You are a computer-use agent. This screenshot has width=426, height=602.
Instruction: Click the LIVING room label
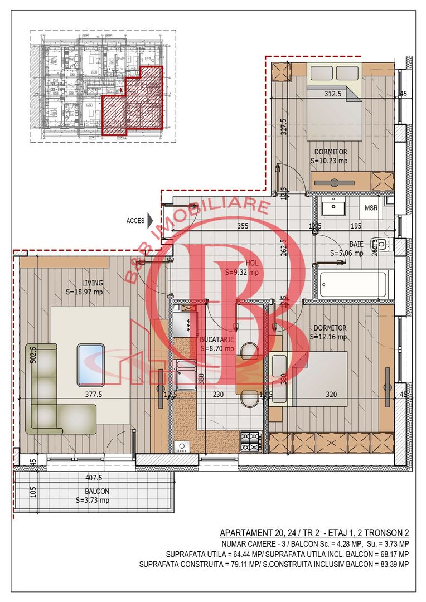(91, 283)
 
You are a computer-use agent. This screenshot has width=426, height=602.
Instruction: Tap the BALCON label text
(97, 492)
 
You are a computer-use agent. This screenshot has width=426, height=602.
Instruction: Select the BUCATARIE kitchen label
(217, 339)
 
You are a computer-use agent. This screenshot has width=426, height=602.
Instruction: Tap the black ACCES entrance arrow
(150, 220)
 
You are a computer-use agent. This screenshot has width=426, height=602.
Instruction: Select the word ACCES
(135, 221)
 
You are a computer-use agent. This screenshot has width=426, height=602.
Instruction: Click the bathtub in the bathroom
(352, 283)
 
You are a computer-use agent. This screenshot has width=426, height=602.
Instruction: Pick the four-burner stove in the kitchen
(251, 440)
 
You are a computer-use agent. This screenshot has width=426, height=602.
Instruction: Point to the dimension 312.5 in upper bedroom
(333, 94)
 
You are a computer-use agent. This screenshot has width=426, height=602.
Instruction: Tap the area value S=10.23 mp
(329, 161)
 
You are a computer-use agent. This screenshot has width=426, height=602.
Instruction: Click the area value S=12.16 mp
(328, 337)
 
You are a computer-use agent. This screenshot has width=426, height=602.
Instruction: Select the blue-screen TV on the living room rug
(90, 365)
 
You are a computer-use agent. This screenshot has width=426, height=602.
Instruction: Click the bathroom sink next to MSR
(333, 208)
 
